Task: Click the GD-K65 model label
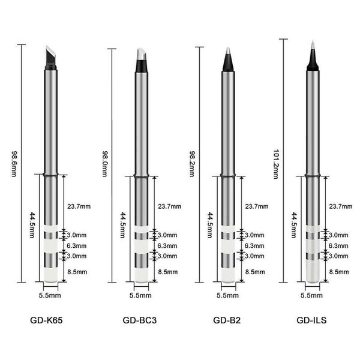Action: (46, 320)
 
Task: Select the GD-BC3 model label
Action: (140, 320)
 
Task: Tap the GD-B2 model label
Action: (227, 320)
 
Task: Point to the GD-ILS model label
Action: (311, 320)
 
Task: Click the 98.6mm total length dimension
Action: (14, 164)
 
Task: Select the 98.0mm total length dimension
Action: (104, 164)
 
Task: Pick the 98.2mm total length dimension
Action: (192, 164)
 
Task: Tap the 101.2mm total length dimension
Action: (276, 164)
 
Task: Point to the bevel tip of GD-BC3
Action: (141, 60)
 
